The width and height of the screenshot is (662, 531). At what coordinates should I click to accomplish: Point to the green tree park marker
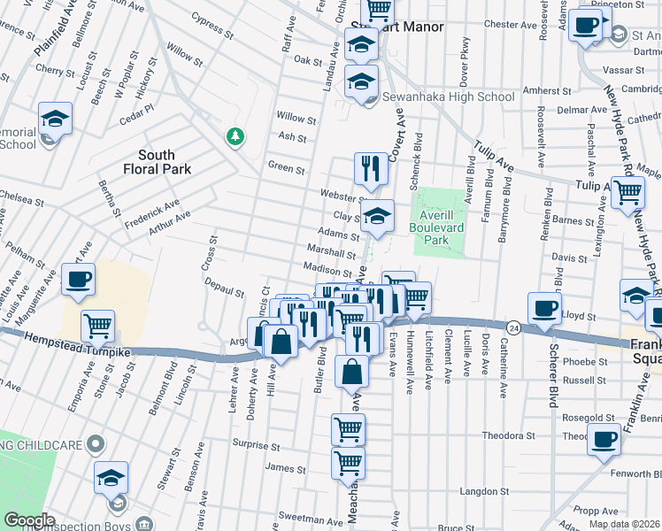coord(235,135)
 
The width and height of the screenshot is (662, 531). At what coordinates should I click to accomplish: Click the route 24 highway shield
coord(513,327)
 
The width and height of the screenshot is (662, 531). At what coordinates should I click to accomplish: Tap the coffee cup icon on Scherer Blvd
coord(544,308)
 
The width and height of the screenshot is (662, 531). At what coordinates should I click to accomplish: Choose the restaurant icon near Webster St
coord(371,168)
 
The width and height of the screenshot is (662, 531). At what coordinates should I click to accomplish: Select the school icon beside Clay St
coord(377,217)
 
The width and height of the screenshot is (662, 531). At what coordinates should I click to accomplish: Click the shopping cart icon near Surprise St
coord(348,430)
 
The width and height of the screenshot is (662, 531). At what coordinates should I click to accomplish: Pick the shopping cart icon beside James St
coord(348,462)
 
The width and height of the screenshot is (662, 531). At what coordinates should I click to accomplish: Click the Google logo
coord(29,520)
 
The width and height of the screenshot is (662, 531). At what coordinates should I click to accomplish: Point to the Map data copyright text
coord(625,524)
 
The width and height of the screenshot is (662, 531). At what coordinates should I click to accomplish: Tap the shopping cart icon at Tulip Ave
coord(627,191)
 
